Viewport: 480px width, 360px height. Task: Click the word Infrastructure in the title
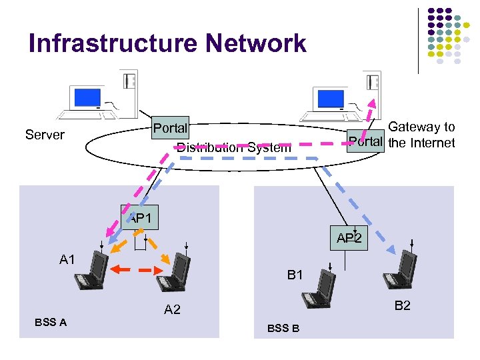pos(113,44)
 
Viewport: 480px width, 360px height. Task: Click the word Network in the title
pos(255,44)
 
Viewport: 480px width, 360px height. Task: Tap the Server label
pos(45,135)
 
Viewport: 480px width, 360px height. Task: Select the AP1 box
pos(139,217)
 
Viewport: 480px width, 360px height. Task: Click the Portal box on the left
pos(170,127)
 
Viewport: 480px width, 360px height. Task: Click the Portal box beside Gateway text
pos(366,141)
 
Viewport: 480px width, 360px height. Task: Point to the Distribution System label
pos(233,147)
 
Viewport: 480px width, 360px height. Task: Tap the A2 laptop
pos(175,273)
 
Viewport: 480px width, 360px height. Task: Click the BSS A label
pos(51,323)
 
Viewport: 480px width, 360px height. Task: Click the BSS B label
pos(283,329)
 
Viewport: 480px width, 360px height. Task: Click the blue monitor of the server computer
pos(86,98)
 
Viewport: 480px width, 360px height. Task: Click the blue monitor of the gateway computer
pos(330,98)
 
